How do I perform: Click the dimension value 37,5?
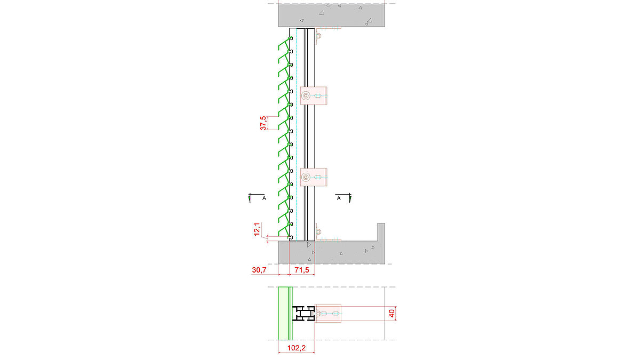(x=263, y=123)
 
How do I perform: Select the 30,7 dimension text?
(x=259, y=270)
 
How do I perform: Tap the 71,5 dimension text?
(x=302, y=270)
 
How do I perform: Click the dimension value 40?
(x=393, y=314)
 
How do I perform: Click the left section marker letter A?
(x=264, y=198)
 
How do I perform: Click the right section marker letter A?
(x=339, y=198)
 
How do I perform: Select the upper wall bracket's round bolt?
(x=306, y=97)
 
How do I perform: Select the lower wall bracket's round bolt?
(x=306, y=177)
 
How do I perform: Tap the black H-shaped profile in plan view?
(x=302, y=314)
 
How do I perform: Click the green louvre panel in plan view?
(x=285, y=314)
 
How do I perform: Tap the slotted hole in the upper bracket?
(x=318, y=97)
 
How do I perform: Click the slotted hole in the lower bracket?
(x=318, y=177)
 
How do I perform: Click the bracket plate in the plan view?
(x=328, y=314)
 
